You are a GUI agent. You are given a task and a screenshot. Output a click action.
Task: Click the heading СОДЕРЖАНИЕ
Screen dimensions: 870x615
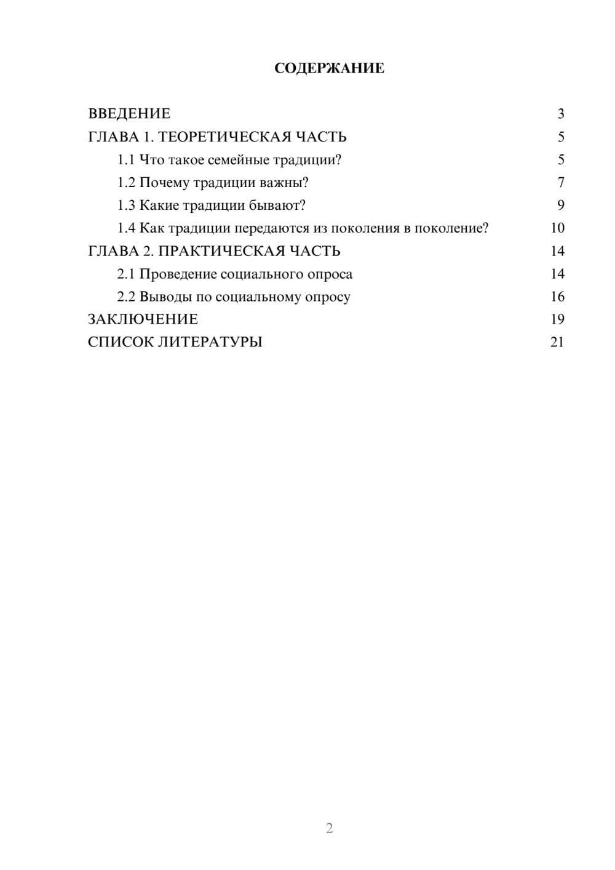tap(329, 68)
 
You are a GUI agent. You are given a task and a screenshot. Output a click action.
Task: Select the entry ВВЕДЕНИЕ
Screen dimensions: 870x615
tap(129, 114)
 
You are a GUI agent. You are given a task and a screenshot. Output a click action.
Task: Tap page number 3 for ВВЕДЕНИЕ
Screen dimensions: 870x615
tap(561, 114)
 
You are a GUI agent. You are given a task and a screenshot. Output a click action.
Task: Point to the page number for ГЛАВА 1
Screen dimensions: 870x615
tap(561, 137)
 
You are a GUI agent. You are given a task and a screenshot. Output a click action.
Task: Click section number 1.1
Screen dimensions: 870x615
tap(126, 160)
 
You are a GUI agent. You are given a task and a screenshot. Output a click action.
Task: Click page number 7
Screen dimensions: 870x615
tap(561, 183)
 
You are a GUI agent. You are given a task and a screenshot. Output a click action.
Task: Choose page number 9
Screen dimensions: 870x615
tap(561, 206)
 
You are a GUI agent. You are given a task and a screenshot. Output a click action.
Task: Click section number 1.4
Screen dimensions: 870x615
tap(126, 228)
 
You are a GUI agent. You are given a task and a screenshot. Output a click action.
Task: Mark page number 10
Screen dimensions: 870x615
tap(557, 228)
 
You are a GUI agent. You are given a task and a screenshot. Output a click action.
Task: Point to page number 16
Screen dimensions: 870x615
tap(557, 297)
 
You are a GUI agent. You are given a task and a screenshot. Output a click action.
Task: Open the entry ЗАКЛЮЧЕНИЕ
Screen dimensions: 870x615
tap(143, 319)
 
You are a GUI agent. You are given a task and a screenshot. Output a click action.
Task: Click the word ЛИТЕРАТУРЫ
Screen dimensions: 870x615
tap(210, 342)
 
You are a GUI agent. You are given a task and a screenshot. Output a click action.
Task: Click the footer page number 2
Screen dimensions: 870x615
tap(329, 828)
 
